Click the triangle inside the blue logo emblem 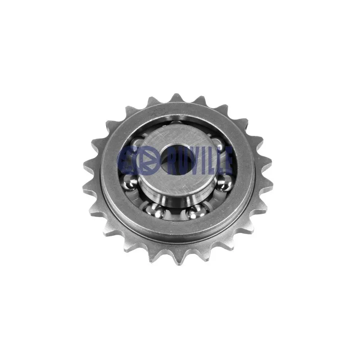[x=147, y=160]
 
